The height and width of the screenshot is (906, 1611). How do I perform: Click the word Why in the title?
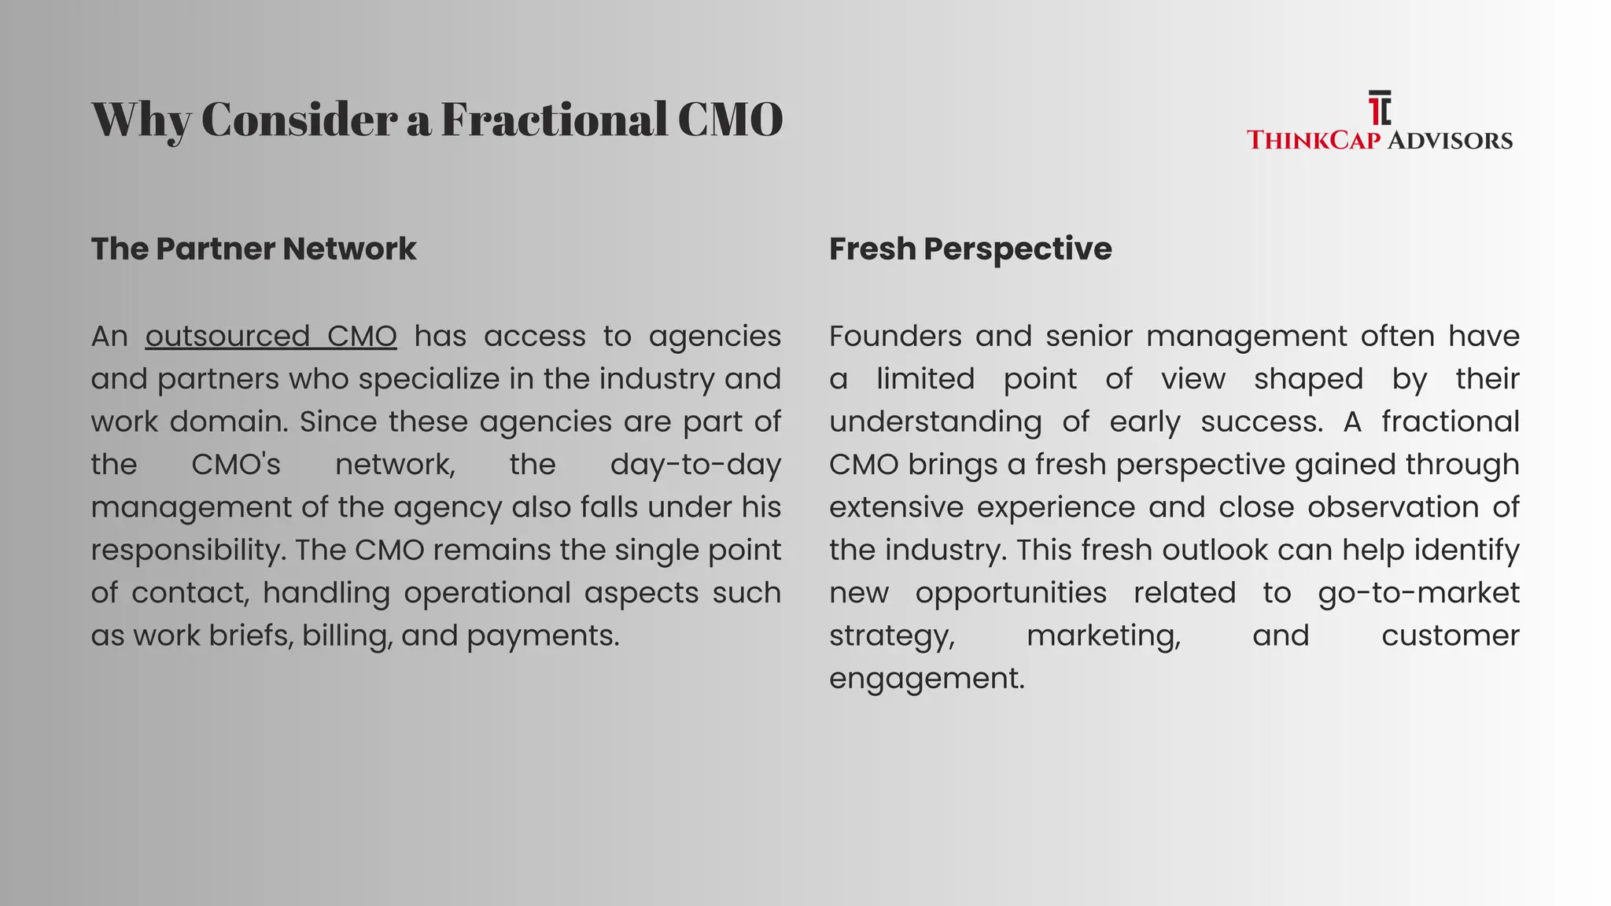pyautogui.click(x=142, y=120)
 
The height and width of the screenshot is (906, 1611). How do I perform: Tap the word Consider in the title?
pyautogui.click(x=300, y=119)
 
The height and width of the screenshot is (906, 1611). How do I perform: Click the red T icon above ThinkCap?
pyautogui.click(x=1378, y=109)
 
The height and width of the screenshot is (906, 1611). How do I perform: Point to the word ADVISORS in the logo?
pyautogui.click(x=1449, y=141)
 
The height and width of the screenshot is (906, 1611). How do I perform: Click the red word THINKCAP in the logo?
pyautogui.click(x=1314, y=141)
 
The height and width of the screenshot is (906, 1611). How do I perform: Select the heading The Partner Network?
pyautogui.click(x=253, y=249)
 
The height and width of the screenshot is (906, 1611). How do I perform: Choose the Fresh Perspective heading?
pyautogui.click(x=970, y=249)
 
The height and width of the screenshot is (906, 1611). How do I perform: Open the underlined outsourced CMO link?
pyautogui.click(x=271, y=337)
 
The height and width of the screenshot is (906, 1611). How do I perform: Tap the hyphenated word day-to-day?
pyautogui.click(x=695, y=465)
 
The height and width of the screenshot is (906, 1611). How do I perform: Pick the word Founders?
pyautogui.click(x=895, y=337)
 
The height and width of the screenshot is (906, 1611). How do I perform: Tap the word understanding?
pyautogui.click(x=935, y=422)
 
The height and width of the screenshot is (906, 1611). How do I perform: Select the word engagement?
pyautogui.click(x=927, y=679)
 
